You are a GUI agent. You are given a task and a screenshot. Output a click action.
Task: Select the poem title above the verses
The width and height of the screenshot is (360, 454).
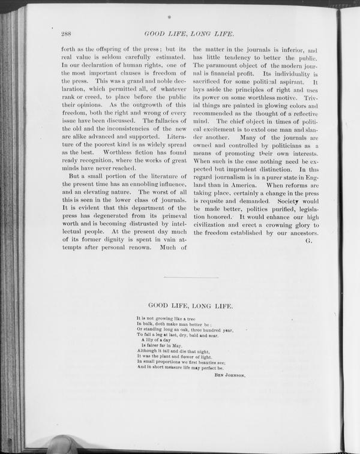pyautogui.click(x=190, y=305)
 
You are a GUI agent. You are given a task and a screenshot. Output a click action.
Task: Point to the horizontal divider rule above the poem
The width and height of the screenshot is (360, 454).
pyautogui.click(x=190, y=277)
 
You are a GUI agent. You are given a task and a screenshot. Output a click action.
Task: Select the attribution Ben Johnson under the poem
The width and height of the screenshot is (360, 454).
pyautogui.click(x=230, y=375)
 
